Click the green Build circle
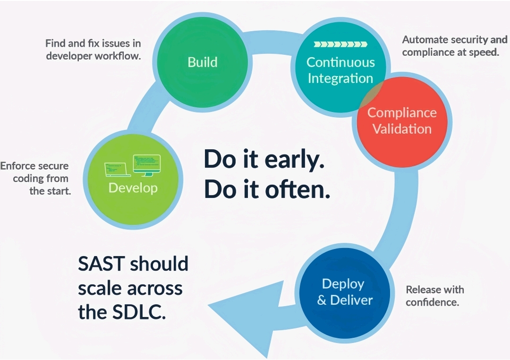(202, 62)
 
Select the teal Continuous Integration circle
(340, 67)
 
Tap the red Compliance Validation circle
(402, 122)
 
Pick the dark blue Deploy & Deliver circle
(344, 293)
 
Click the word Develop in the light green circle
(133, 188)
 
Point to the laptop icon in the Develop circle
(117, 170)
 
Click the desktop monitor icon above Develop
(147, 165)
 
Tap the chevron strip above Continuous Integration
(340, 44)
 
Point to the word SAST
(102, 264)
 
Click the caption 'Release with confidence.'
(435, 296)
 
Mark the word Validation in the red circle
(402, 129)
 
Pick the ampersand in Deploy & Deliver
(322, 300)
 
